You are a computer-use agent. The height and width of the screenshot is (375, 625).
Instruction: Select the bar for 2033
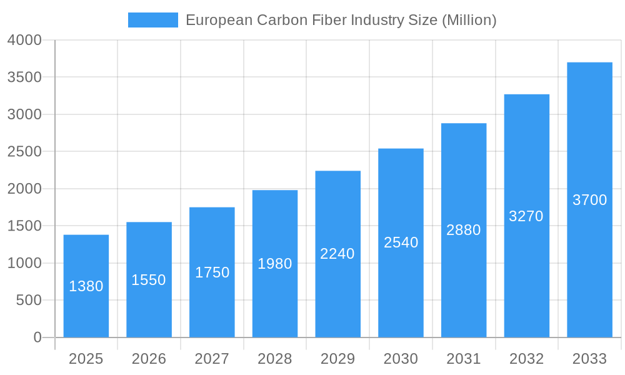tap(589, 200)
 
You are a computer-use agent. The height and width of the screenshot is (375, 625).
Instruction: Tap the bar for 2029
tap(337, 254)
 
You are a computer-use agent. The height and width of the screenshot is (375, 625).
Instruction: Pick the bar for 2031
tap(464, 230)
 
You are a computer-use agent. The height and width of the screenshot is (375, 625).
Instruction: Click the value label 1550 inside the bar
tap(149, 280)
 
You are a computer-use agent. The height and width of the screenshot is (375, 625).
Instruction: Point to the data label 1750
tap(212, 272)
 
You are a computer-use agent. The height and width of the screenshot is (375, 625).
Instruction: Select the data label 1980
tap(275, 264)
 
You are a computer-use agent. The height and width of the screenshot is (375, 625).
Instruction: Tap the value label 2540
tap(401, 242)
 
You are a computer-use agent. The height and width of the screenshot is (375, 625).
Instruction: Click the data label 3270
tap(526, 216)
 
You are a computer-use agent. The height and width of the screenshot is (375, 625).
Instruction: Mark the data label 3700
tap(589, 200)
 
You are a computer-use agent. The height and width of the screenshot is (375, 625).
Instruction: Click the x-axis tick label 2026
tap(149, 359)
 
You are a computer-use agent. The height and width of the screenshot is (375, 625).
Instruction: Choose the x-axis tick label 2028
tap(275, 359)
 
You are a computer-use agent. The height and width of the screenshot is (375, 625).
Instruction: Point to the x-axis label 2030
tap(401, 359)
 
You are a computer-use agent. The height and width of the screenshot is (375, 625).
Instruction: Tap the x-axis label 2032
tap(526, 359)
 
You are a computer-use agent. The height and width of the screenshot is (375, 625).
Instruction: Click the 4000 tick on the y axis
tap(24, 40)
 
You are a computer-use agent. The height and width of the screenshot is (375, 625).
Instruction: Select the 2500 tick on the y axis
tap(24, 152)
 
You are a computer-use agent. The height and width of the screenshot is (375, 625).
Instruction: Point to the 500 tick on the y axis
tap(29, 301)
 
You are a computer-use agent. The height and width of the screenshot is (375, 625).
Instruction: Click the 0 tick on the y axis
tap(37, 337)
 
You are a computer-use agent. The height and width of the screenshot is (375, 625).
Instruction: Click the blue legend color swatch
tap(153, 20)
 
